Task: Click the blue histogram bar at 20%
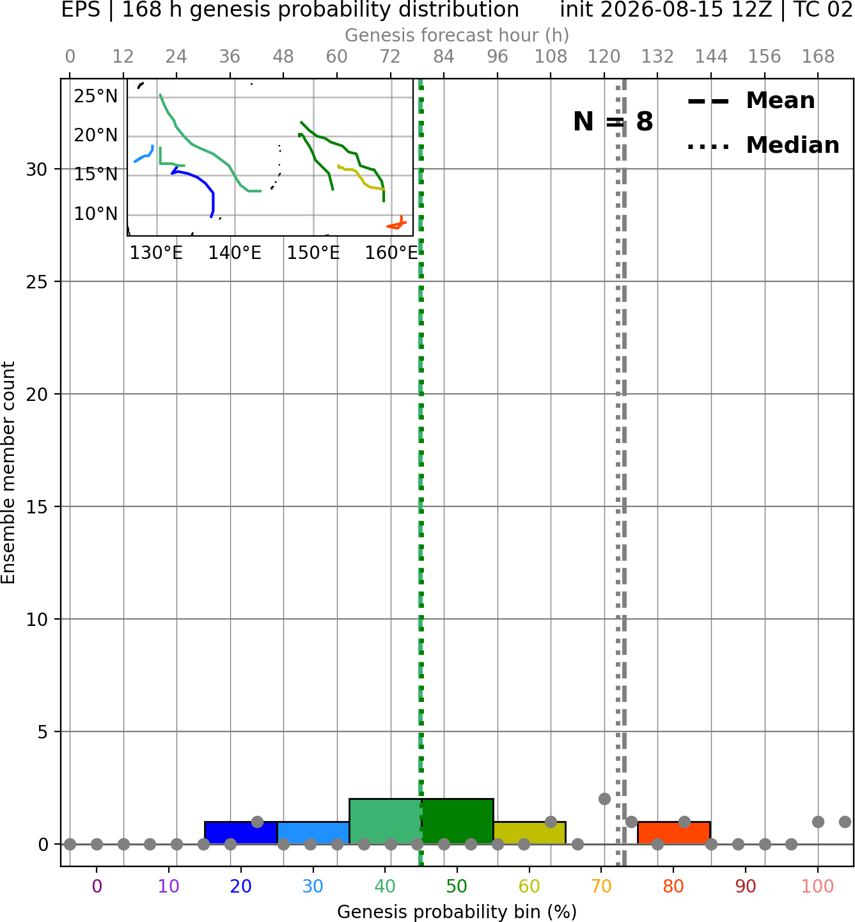click(241, 832)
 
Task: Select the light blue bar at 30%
click(313, 832)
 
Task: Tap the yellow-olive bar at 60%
click(529, 832)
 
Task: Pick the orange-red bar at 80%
click(674, 832)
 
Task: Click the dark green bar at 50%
click(457, 821)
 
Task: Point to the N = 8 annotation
click(613, 121)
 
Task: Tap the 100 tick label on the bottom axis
click(818, 886)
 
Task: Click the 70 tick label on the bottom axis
click(601, 886)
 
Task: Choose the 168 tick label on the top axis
click(819, 57)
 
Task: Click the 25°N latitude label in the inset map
click(96, 97)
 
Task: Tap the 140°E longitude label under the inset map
click(235, 253)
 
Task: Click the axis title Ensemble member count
click(8, 473)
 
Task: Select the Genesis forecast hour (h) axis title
click(457, 35)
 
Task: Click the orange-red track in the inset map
click(396, 224)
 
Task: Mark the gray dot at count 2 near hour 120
click(604, 799)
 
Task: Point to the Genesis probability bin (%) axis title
click(457, 912)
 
